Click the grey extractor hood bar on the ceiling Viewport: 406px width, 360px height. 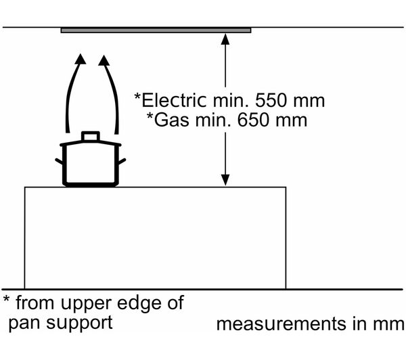coord(156,30)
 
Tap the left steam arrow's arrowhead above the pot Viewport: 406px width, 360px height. coord(81,59)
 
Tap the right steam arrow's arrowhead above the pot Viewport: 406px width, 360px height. coord(104,60)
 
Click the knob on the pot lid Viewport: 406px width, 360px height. coord(91,136)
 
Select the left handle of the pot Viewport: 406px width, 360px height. coord(59,161)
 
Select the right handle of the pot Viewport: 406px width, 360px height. coord(122,161)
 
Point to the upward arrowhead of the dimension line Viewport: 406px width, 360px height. coord(225,39)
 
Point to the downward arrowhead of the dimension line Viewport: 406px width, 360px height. coord(225,180)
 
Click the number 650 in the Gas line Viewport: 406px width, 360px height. coord(254,120)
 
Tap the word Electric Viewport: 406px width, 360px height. coord(175,100)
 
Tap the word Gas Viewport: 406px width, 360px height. coord(171,120)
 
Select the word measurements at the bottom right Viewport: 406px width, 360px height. coord(281,324)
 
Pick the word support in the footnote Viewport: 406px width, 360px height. coord(79,323)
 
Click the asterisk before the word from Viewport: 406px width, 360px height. coord(6,299)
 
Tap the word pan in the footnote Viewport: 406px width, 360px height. coord(24,323)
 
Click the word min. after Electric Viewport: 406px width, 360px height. coord(231,101)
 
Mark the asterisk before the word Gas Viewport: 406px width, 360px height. coord(150,116)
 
